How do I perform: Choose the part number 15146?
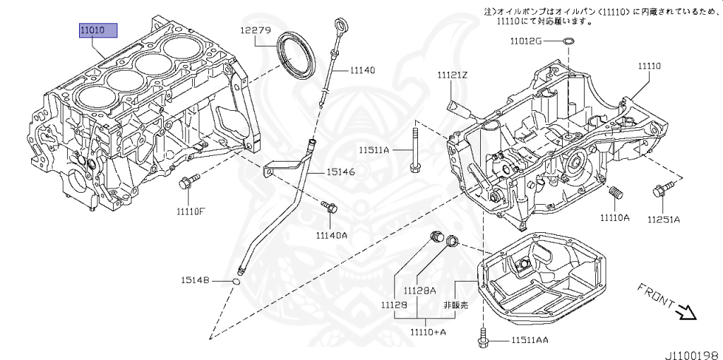[x=340, y=172]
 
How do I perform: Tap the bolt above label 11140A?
[x=329, y=207]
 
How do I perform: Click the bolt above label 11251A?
[x=663, y=188]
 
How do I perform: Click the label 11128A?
[x=419, y=290]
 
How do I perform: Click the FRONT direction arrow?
[x=686, y=310]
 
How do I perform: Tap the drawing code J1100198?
[x=692, y=351]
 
